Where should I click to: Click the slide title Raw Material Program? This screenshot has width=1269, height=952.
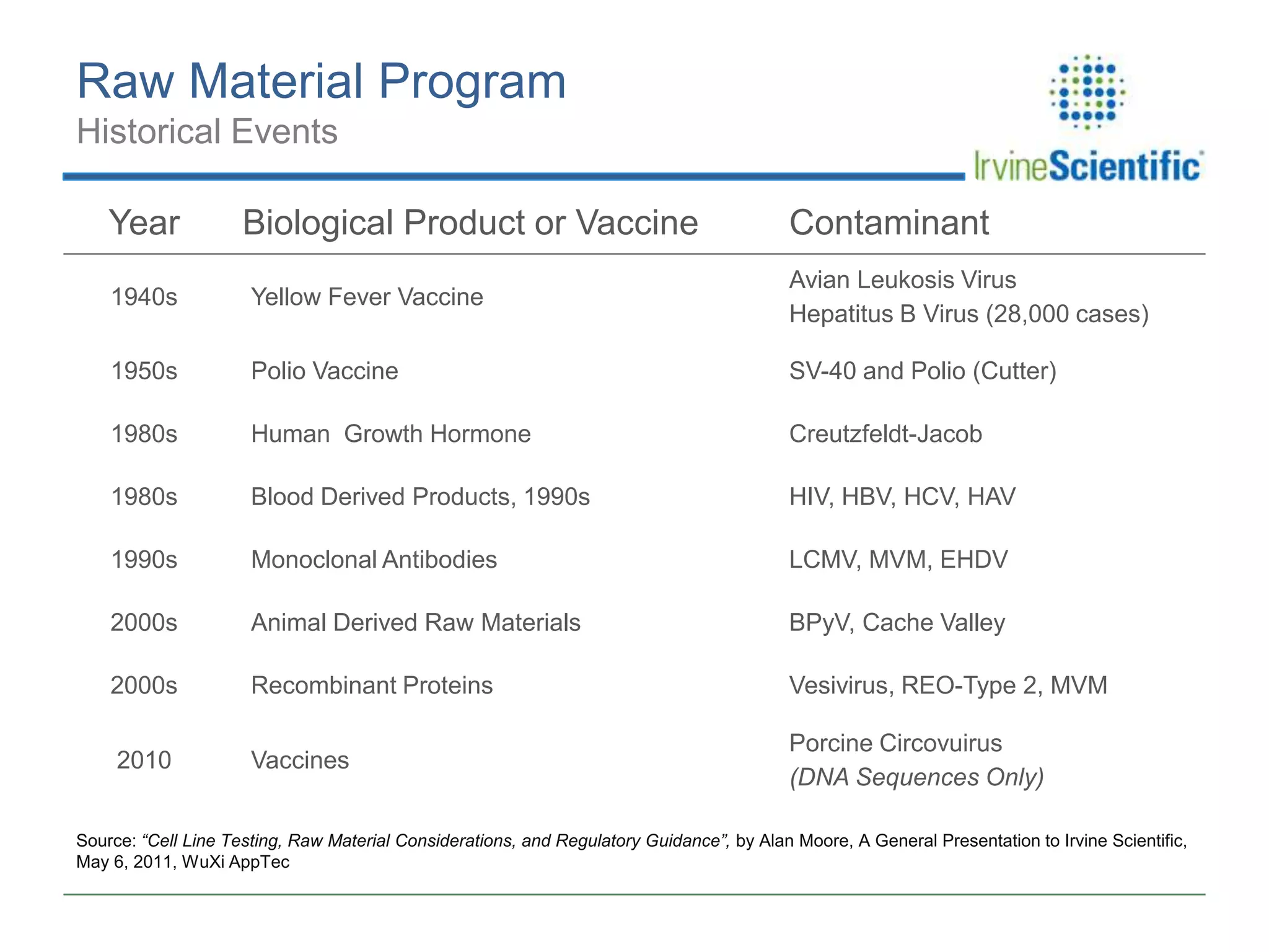click(x=321, y=81)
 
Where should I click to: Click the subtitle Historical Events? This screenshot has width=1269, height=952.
click(x=207, y=131)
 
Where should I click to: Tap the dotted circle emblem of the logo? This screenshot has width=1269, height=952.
click(x=1087, y=92)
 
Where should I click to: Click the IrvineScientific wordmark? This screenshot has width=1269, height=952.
click(x=1087, y=166)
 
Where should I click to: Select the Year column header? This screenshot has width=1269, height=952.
click(x=144, y=223)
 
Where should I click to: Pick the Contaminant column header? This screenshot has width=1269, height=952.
click(x=889, y=223)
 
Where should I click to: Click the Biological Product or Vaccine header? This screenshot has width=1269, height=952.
click(x=470, y=223)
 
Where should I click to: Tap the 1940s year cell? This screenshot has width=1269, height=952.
click(x=144, y=297)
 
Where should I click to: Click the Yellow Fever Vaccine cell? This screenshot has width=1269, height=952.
click(x=367, y=297)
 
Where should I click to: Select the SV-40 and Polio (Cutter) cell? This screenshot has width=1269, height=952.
click(x=922, y=371)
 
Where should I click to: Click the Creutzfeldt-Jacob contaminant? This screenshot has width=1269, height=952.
click(x=885, y=434)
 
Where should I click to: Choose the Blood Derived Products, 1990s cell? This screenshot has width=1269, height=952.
click(x=420, y=496)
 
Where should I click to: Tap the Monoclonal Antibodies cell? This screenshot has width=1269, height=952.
click(x=374, y=560)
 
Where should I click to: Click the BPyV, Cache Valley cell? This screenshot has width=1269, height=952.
click(x=897, y=622)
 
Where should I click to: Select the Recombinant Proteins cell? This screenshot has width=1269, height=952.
click(x=372, y=685)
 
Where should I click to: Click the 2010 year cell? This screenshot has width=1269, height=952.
click(x=144, y=760)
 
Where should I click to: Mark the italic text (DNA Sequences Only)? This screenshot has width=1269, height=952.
click(x=916, y=777)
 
